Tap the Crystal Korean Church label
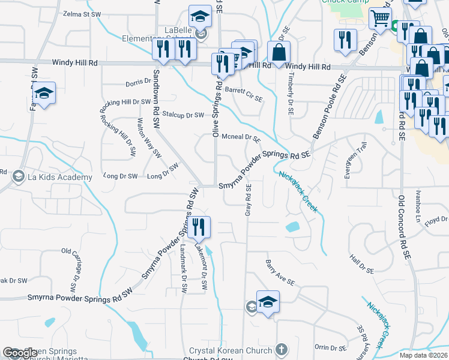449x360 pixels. coord(231,350)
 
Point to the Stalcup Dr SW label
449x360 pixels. coord(184,115)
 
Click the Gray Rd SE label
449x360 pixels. coord(248,200)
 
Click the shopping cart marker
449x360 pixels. coord(380,19)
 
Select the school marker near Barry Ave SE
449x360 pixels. coord(268,303)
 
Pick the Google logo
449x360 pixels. coord(20,353)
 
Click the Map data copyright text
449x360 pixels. coord(423,355)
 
